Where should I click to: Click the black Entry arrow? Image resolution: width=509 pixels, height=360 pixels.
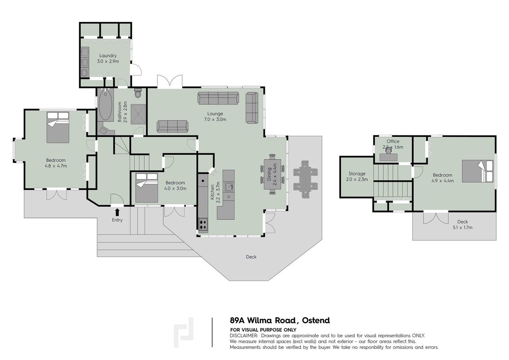[117, 212]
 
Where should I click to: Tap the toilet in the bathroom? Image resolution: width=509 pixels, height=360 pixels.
[138, 93]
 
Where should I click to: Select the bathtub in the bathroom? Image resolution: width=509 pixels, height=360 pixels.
[105, 104]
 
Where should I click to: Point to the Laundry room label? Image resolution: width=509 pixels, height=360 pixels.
[108, 58]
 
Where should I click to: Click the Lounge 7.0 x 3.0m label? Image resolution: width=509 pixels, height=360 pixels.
[215, 116]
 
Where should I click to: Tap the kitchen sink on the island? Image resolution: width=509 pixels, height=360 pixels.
[230, 186]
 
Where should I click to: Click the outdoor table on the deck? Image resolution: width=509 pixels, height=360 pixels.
[305, 180]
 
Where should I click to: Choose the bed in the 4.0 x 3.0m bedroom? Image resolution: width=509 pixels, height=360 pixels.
[147, 188]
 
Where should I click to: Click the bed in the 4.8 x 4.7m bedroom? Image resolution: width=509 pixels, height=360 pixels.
[58, 127]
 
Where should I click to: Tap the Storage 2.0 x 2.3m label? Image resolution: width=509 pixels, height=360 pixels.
[357, 176]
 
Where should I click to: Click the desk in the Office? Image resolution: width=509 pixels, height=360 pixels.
[388, 157]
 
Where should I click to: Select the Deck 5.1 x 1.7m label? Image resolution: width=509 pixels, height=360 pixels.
[463, 225]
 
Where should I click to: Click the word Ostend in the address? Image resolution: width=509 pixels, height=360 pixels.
[316, 320]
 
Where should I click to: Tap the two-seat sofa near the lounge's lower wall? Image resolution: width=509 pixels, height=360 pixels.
[172, 126]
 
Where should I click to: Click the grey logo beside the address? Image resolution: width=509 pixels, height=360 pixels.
[184, 332]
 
